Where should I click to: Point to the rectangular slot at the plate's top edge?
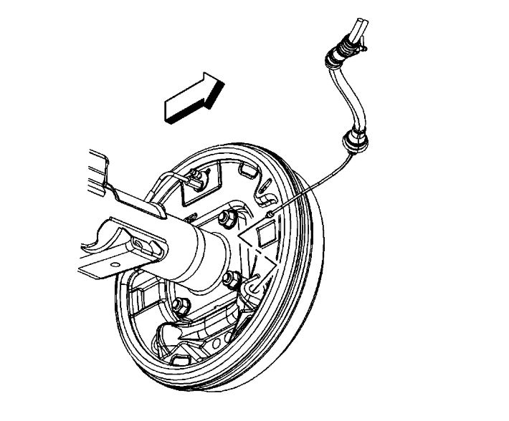pyautogui.click(x=248, y=170)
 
